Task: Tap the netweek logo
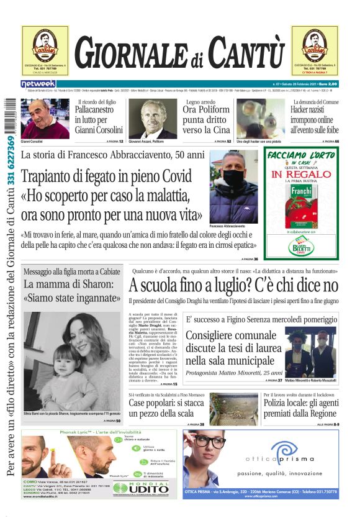coord(38,84)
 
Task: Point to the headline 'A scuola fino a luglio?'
coord(233,286)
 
